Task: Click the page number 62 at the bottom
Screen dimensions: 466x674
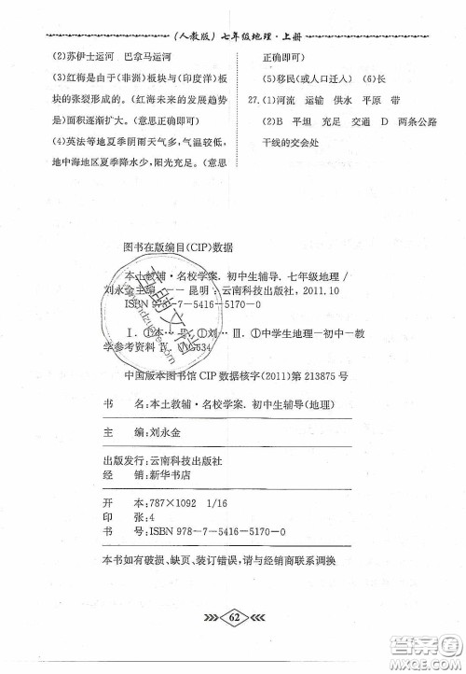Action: point(234,616)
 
